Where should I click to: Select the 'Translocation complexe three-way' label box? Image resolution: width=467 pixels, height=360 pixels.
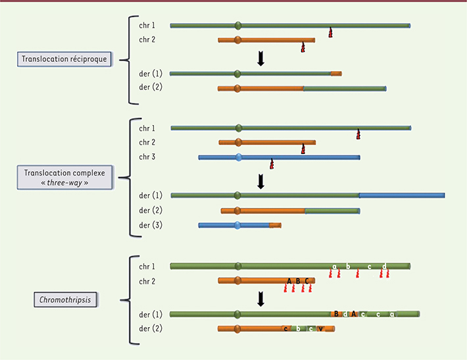(x=64, y=177)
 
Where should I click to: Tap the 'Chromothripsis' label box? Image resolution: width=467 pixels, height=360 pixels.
(x=65, y=301)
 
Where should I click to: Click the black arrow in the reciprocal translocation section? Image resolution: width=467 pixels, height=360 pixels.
(x=260, y=59)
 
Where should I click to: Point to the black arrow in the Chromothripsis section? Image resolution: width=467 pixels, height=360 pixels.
(x=260, y=299)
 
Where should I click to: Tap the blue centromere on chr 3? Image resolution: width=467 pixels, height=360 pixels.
(x=239, y=157)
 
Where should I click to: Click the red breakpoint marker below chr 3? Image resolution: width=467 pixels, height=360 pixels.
(x=271, y=164)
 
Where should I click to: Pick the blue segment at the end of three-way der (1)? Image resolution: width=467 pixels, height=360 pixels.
(x=401, y=195)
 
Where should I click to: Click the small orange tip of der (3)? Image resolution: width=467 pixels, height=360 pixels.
(x=275, y=226)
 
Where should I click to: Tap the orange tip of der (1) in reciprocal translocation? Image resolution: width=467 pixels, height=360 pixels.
(x=335, y=74)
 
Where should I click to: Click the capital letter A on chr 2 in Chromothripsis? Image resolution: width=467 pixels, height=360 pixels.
(x=289, y=281)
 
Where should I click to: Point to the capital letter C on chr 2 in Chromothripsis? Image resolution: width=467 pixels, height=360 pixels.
(x=307, y=281)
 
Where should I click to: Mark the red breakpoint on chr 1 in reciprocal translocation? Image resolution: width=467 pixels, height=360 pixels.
(x=330, y=33)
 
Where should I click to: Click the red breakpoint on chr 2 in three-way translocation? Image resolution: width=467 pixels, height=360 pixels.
(x=303, y=149)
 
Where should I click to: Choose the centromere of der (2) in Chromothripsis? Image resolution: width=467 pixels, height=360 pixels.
(x=237, y=328)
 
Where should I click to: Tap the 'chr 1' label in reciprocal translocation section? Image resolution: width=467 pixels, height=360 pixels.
(x=147, y=26)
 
